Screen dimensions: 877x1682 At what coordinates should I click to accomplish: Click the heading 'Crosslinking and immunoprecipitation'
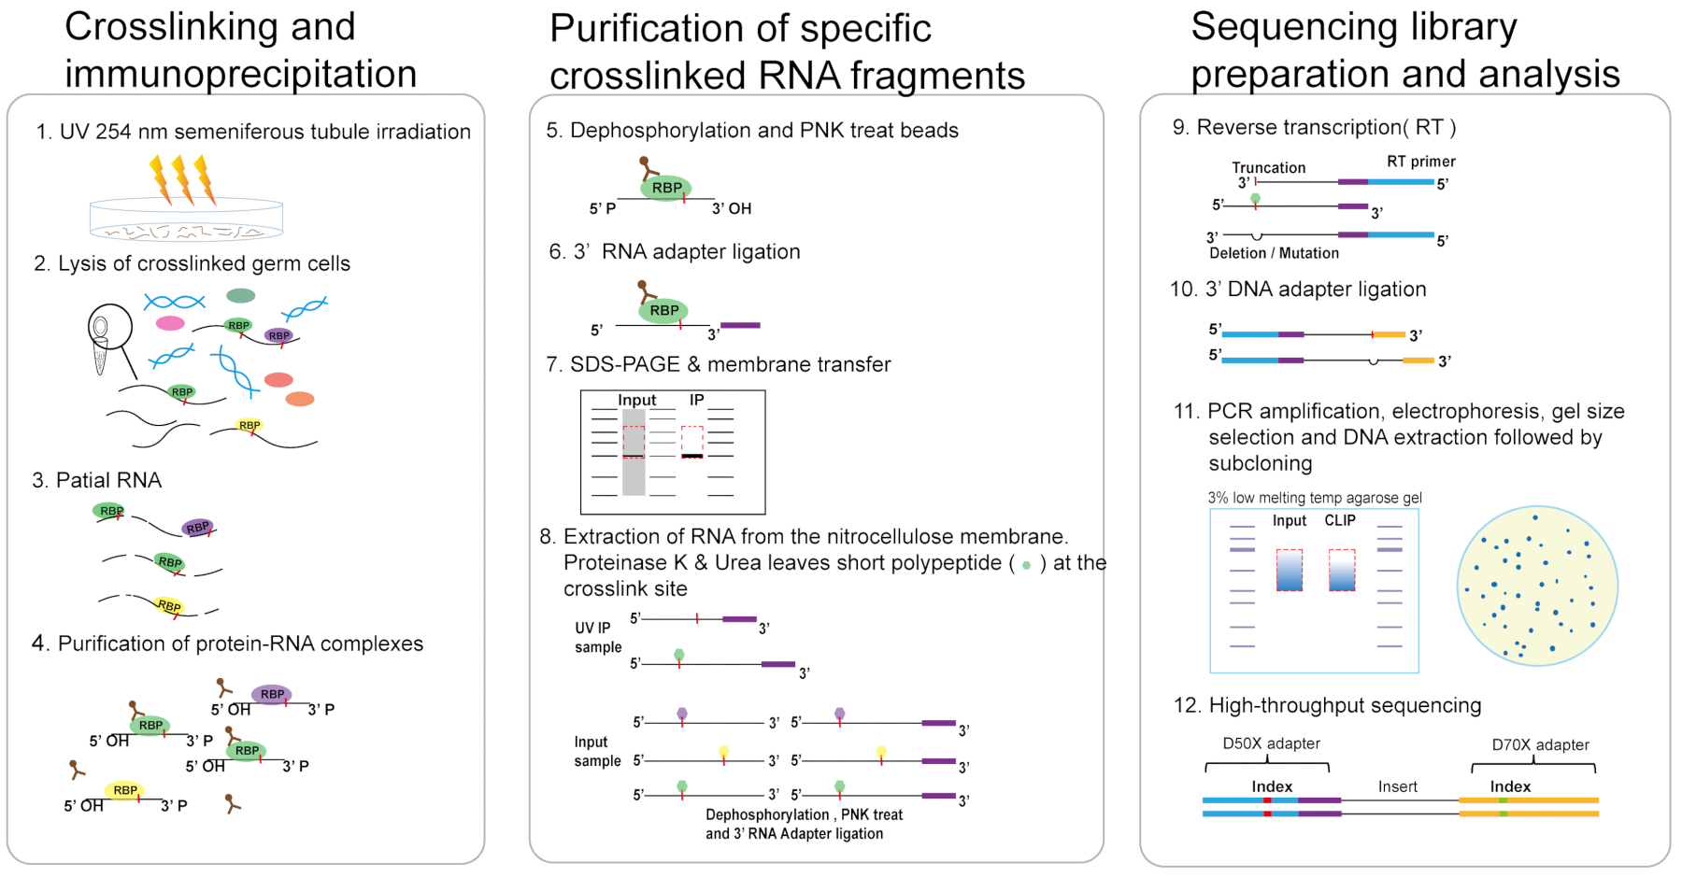point(240,50)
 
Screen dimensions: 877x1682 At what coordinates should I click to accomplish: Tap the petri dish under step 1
point(186,219)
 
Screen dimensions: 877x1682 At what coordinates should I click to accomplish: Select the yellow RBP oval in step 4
point(125,790)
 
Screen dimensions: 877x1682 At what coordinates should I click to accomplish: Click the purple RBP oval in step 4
point(272,694)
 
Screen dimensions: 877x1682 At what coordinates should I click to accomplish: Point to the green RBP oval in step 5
point(666,188)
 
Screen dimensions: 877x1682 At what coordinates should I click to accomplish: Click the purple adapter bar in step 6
point(740,325)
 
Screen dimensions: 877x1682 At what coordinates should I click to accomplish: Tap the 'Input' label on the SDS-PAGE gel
point(636,401)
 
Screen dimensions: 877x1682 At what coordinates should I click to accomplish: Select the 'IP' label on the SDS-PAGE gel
point(696,400)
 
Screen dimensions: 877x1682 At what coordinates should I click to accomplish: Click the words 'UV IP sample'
point(597,637)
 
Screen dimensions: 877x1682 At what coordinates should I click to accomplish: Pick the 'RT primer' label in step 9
point(1420,162)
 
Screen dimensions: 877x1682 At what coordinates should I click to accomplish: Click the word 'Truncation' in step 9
point(1268,168)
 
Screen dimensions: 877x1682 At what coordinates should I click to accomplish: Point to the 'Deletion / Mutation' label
point(1274,253)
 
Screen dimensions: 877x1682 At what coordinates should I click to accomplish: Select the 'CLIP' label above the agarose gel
point(1339,520)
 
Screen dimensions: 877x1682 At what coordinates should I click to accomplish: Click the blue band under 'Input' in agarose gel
point(1290,571)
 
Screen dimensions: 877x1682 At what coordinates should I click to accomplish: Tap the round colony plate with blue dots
point(1537,586)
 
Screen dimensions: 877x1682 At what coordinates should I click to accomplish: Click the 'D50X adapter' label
point(1271,743)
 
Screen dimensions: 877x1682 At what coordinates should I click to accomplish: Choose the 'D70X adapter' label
point(1540,744)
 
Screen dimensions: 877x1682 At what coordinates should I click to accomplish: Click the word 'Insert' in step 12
point(1397,786)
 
